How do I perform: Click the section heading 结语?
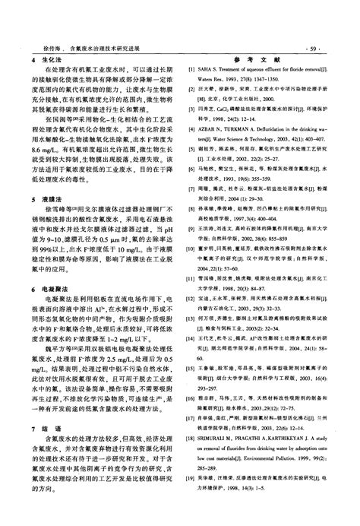pos(46,449)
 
